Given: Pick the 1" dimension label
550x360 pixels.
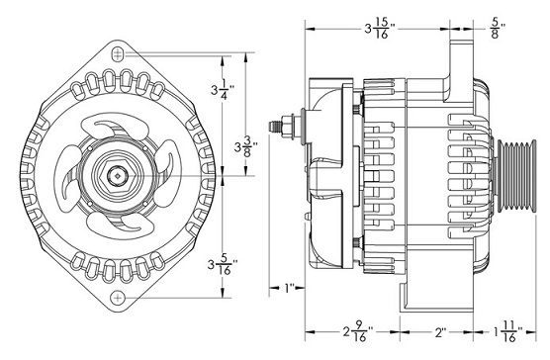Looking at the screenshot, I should (289, 289).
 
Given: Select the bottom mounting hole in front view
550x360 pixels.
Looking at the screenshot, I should (119, 299).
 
